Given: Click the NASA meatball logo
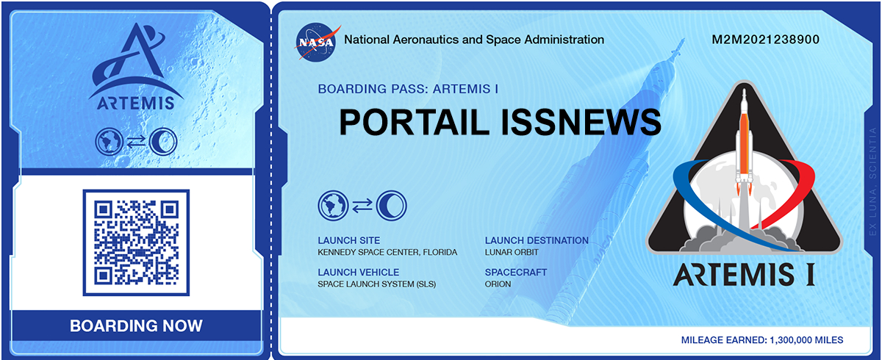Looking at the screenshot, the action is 316,43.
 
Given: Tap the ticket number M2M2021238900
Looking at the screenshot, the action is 765,40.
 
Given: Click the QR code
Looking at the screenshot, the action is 136,242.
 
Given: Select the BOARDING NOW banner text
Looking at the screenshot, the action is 136,325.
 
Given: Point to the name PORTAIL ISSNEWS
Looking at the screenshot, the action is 500,122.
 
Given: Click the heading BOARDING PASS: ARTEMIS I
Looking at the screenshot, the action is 408,89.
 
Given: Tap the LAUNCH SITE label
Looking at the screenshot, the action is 349,240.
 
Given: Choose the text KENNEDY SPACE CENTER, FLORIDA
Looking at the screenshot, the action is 387,252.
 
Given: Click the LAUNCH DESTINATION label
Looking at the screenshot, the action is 537,240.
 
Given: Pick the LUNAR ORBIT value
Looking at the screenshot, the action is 512,252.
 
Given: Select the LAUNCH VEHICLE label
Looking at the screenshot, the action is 359,273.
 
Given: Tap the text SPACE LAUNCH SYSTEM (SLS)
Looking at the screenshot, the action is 377,284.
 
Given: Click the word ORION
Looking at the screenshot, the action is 498,284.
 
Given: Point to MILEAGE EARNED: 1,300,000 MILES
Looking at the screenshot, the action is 762,340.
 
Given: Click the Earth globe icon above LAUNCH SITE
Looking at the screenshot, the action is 333,206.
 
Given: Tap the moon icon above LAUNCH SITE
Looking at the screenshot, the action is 391,206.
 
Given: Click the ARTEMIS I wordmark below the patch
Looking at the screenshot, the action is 744,274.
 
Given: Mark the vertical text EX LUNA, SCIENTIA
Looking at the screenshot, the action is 872,181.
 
